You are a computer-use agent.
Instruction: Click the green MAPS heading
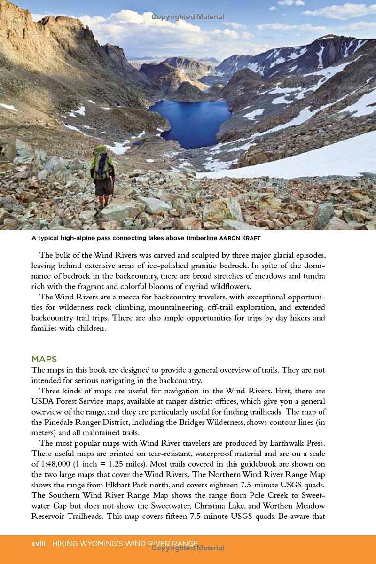coord(44,360)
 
